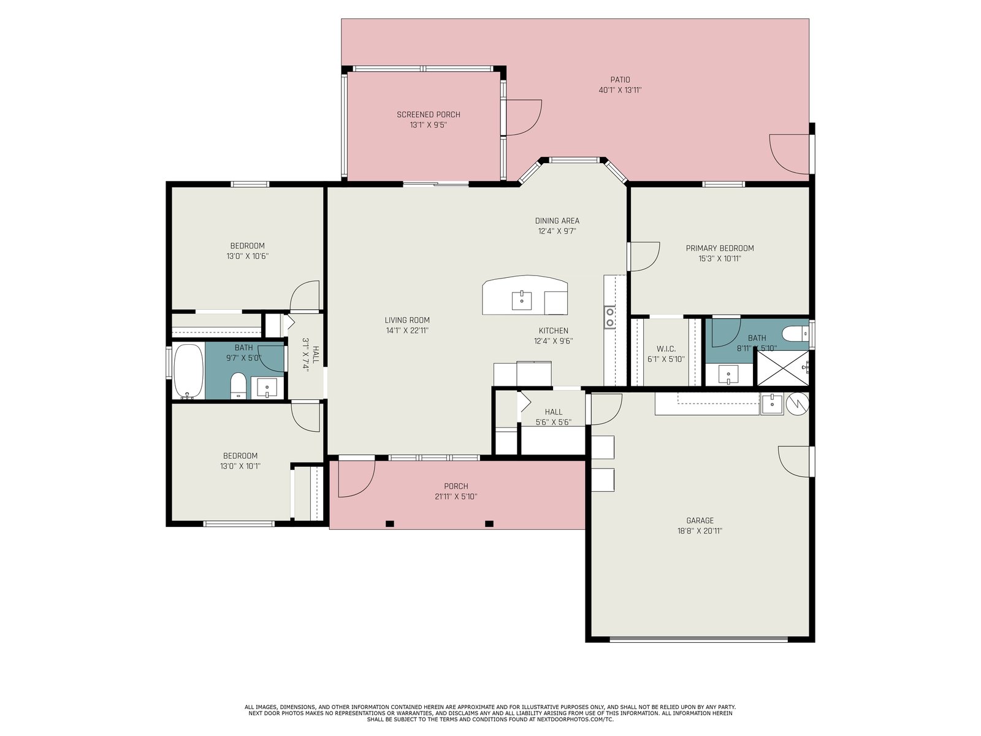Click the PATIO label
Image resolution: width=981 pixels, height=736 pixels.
[620, 80]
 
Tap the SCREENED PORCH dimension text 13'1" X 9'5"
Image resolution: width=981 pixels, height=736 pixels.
[428, 125]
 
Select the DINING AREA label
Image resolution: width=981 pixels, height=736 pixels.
[557, 221]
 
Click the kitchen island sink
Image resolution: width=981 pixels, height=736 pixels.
[522, 301]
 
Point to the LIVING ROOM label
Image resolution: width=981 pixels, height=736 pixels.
[407, 320]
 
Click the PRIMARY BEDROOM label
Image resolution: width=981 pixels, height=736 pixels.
[720, 248]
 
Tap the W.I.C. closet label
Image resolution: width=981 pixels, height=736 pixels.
[666, 349]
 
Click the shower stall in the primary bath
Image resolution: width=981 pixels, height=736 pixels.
[781, 368]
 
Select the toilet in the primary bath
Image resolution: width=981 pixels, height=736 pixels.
[795, 334]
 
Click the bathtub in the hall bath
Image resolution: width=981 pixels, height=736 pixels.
[189, 371]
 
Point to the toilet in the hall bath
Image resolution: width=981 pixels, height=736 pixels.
[239, 386]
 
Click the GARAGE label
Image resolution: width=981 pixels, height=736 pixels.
[700, 521]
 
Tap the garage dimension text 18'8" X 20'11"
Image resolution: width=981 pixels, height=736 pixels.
[700, 531]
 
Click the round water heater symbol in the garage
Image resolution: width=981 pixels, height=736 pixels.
[798, 404]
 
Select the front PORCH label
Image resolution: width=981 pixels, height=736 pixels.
[456, 486]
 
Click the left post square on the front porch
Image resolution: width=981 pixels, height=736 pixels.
[390, 524]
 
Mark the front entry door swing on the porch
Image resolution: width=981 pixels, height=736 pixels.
[356, 479]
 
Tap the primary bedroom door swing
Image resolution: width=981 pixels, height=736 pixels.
[644, 256]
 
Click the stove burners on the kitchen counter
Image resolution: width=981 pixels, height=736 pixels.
[609, 317]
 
